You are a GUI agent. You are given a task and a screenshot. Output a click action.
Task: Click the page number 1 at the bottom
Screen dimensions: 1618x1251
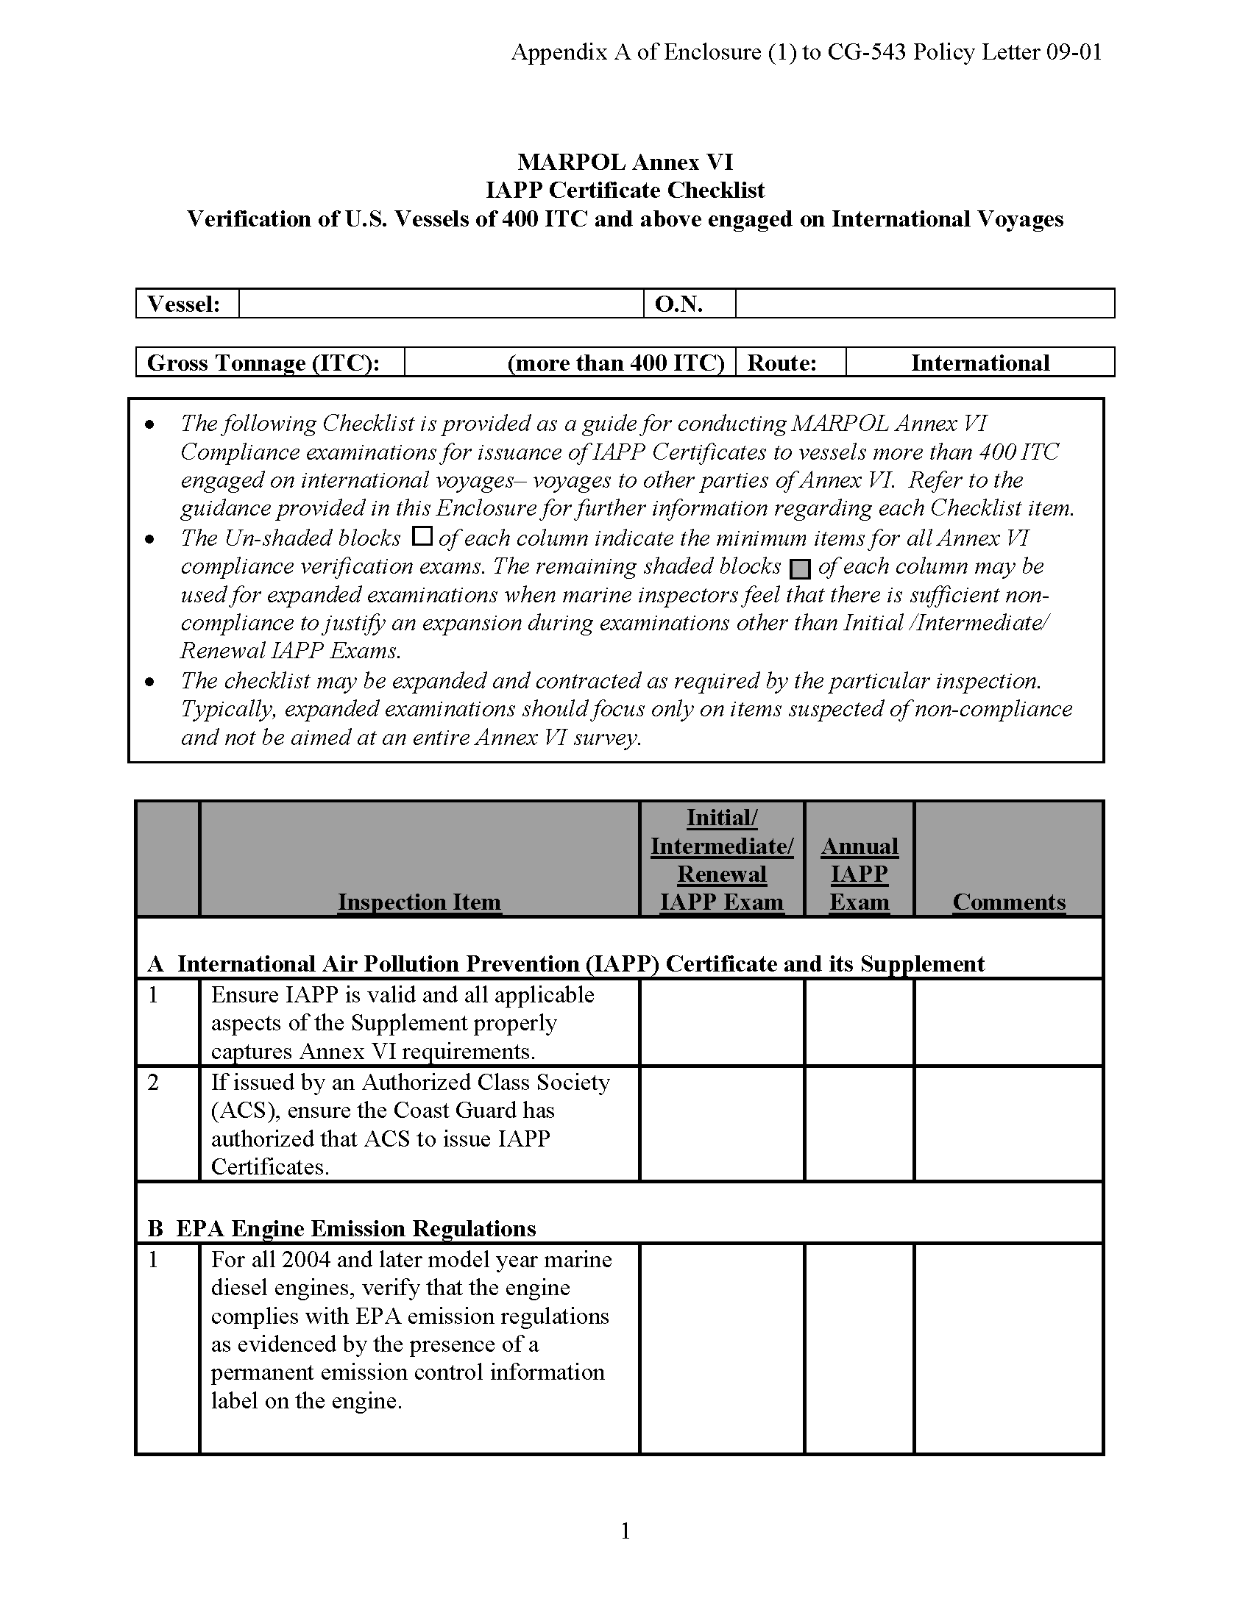point(625,1530)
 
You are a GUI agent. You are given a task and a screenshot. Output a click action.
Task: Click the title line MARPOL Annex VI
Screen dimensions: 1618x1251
point(625,162)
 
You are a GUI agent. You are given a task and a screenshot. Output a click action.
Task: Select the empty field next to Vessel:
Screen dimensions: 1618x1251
point(441,304)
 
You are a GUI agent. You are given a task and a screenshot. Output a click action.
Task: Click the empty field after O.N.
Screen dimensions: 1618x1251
point(924,304)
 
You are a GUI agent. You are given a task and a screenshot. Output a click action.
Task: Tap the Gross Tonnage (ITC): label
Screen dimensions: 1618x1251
point(263,363)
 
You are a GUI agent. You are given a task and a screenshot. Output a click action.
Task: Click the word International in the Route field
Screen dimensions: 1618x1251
point(979,363)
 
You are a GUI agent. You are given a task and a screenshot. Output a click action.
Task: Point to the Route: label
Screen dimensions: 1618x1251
point(781,363)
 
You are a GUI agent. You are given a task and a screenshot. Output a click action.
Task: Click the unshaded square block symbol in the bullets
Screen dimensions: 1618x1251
point(422,535)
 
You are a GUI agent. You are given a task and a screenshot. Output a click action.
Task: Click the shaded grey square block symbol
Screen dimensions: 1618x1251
point(800,569)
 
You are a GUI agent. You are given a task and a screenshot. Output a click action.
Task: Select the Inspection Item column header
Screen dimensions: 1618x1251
point(419,902)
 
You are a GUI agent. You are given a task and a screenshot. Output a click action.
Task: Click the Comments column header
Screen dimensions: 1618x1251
point(1009,902)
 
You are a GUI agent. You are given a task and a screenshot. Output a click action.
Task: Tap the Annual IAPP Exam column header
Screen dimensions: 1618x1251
point(859,874)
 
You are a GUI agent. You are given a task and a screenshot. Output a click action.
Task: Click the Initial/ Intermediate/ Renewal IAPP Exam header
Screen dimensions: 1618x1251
point(722,859)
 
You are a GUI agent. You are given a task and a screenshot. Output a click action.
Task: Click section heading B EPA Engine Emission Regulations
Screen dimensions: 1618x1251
point(341,1228)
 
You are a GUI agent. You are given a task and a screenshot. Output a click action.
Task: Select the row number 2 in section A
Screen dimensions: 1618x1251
point(153,1083)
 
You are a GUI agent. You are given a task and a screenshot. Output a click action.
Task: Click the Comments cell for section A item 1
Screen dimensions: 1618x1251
point(1009,1022)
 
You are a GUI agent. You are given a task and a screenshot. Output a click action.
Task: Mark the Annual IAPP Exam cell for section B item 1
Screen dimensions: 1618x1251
point(859,1348)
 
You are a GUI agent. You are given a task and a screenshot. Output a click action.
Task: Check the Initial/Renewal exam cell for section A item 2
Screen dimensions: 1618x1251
point(722,1123)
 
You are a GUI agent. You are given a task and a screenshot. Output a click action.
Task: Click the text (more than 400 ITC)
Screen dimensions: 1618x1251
point(615,363)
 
